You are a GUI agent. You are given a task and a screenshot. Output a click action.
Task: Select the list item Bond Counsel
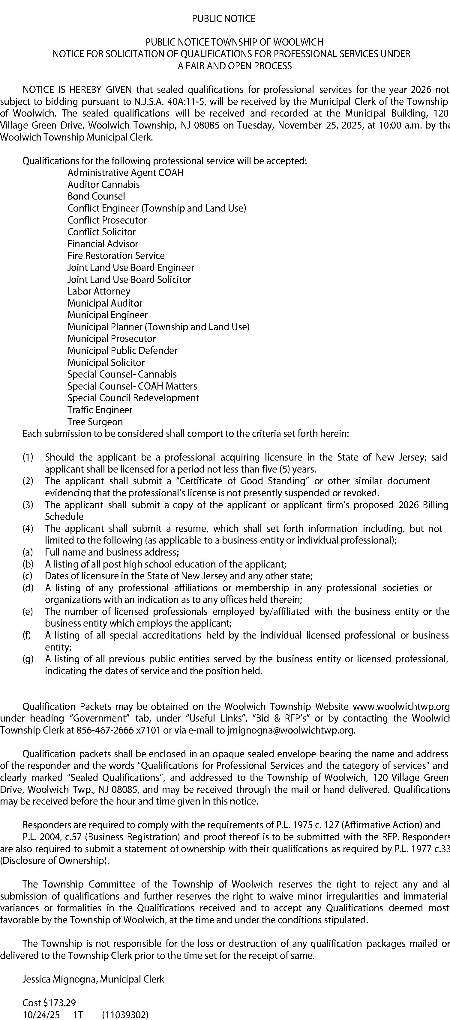[x=96, y=196]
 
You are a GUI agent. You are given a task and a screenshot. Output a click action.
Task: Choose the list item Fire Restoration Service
[x=116, y=256]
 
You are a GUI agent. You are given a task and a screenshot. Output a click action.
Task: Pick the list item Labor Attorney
[x=99, y=292]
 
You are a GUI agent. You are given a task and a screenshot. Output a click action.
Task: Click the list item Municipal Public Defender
[x=122, y=351]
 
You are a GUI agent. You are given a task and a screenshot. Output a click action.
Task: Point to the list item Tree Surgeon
[x=95, y=422]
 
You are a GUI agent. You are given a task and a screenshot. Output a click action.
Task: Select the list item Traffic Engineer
[x=100, y=410]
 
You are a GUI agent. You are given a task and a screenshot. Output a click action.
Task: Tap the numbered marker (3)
[x=28, y=505]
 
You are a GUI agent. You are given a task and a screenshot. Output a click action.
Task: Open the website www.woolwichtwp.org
[x=401, y=707]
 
